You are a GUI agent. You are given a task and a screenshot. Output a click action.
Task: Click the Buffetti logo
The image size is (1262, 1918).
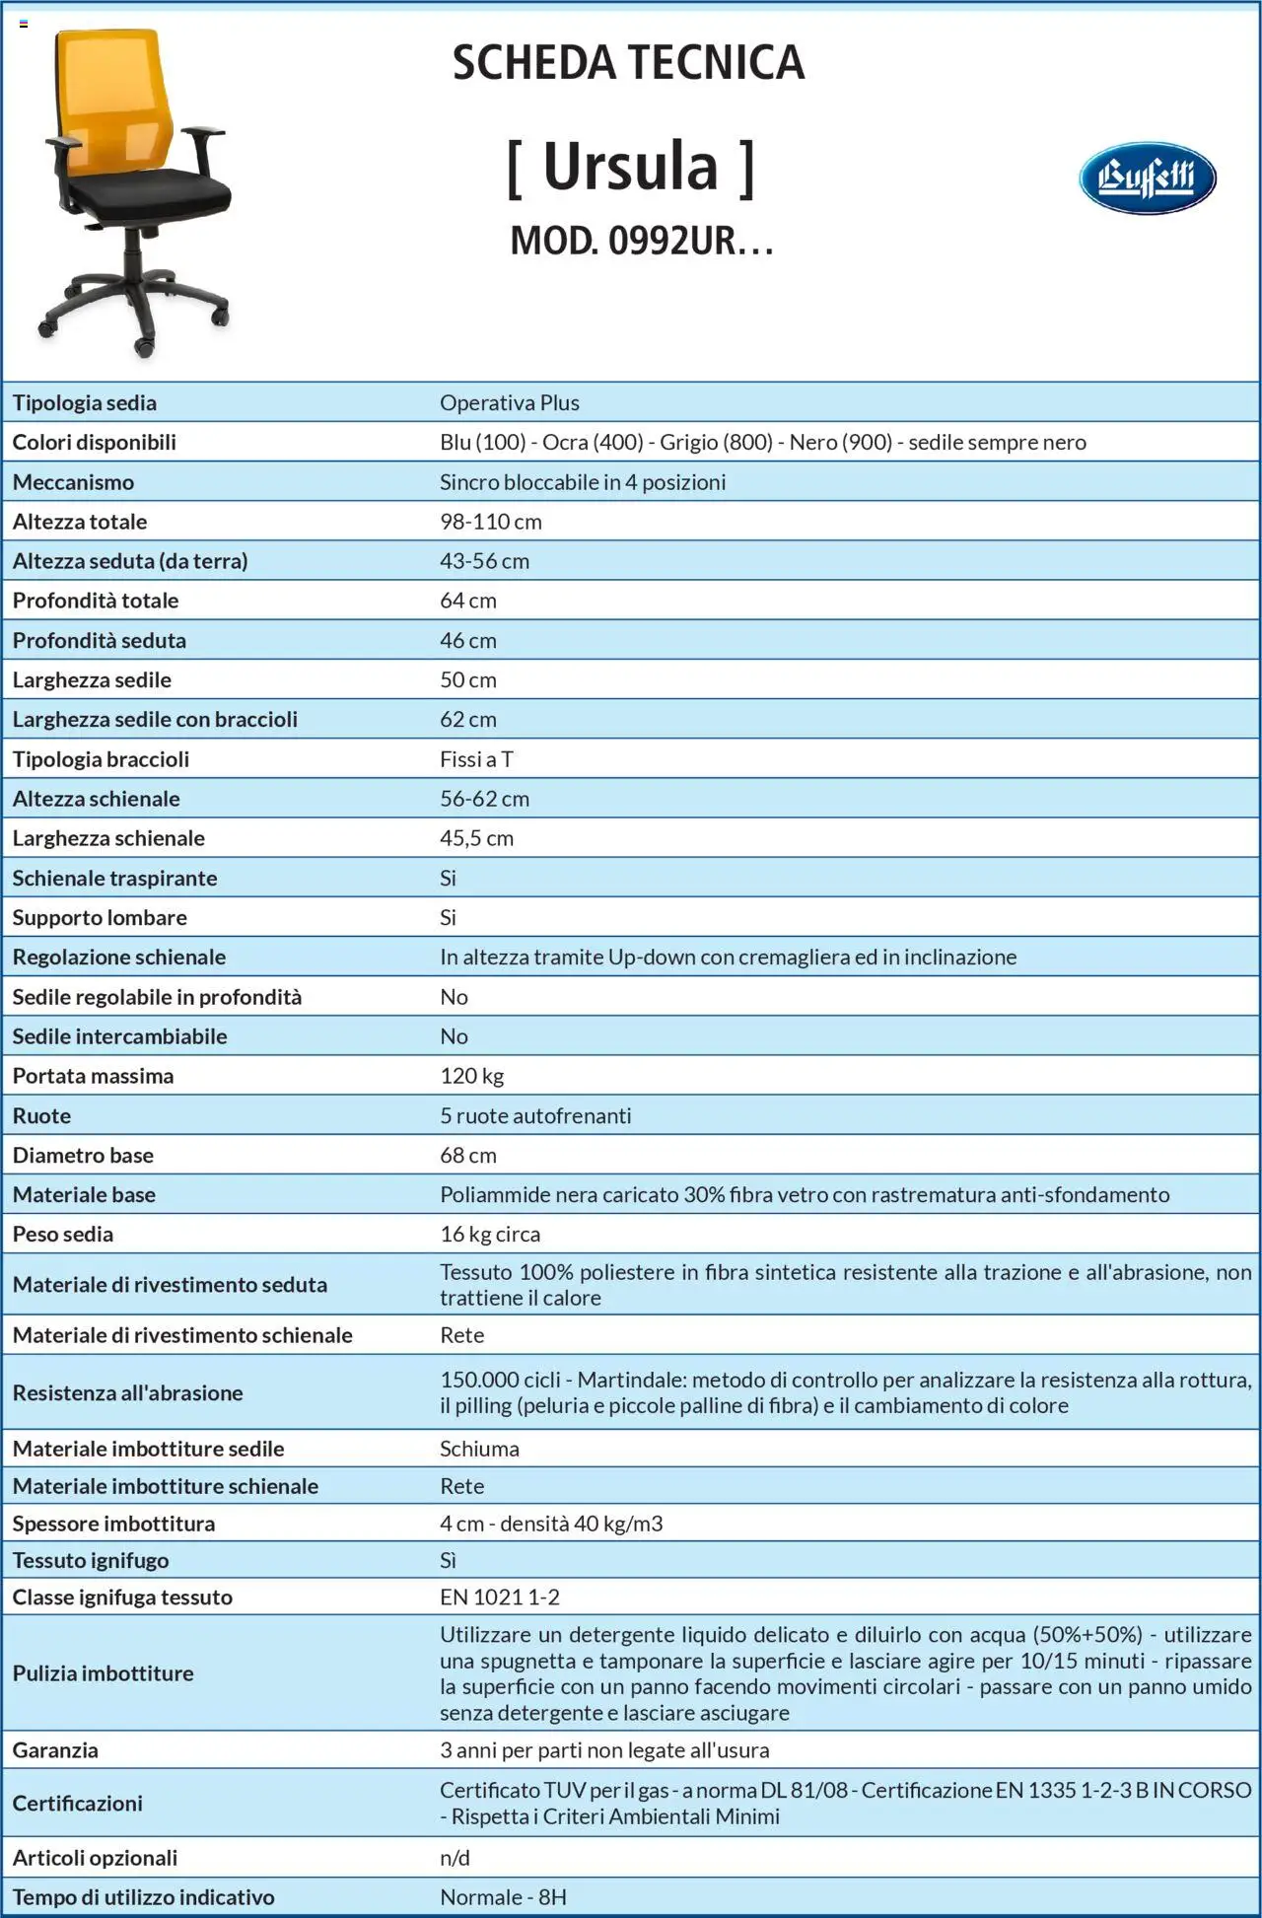[1147, 178]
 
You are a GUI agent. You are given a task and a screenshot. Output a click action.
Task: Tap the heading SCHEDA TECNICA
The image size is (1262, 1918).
[628, 63]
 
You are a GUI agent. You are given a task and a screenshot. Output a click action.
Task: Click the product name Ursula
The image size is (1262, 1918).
[631, 167]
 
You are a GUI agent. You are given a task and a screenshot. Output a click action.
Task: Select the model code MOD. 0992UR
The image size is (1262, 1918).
[641, 241]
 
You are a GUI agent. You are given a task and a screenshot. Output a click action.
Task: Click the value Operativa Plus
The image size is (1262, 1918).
[509, 402]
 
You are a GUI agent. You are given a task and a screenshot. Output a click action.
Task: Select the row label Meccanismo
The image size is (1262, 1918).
[73, 482]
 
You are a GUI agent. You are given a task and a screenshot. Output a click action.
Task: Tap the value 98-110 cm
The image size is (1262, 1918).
[490, 522]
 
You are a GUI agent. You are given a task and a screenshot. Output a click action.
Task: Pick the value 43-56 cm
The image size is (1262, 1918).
[484, 561]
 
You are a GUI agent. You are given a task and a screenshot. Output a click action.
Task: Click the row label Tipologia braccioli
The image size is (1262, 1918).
[101, 759]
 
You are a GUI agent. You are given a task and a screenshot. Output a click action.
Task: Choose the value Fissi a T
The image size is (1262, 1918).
[476, 759]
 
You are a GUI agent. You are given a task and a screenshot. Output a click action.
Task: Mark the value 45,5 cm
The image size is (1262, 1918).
[476, 838]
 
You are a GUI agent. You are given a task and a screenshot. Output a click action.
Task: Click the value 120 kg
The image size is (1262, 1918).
[471, 1076]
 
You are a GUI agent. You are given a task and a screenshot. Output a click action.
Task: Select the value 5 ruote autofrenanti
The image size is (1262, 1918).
[535, 1115]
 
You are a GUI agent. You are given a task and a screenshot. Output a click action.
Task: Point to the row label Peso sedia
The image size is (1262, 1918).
[62, 1234]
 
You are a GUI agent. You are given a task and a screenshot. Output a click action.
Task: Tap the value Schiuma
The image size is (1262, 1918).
[479, 1449]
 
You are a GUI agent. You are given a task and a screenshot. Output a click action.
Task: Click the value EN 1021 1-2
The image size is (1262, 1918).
[499, 1598]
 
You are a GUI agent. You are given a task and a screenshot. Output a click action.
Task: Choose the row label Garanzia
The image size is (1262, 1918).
[55, 1750]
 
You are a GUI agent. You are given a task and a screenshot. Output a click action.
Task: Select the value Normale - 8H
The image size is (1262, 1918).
[503, 1897]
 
